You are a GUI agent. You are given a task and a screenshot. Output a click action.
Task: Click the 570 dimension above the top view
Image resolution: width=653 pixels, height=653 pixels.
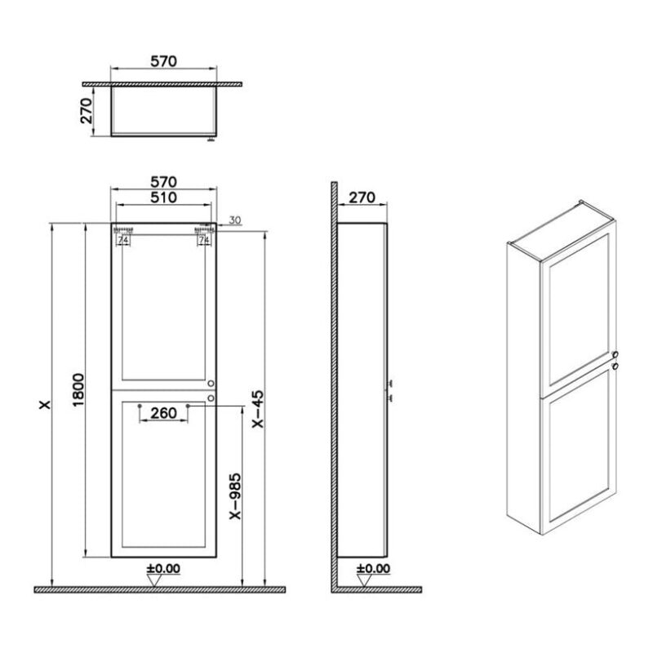(164, 61)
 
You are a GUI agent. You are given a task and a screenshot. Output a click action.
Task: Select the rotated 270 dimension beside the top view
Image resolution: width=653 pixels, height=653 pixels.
(87, 111)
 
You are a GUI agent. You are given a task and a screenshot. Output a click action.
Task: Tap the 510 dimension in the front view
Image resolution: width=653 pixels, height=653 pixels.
(164, 198)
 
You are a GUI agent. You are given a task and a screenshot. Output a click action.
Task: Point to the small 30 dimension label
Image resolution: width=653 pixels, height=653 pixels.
(235, 220)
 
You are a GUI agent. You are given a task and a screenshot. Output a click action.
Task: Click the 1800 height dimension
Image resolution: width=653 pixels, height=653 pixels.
(78, 390)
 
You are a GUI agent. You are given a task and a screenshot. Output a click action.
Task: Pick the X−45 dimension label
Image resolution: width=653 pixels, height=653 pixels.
(258, 409)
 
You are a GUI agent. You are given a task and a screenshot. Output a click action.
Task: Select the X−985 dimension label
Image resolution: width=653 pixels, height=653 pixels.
(235, 496)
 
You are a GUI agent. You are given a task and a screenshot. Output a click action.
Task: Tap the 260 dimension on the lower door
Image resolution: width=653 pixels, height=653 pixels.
(164, 413)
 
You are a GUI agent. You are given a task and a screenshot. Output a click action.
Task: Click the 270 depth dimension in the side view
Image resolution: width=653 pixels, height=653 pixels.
(362, 198)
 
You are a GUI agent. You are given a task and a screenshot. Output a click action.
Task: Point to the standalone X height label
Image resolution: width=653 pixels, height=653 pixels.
(45, 404)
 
